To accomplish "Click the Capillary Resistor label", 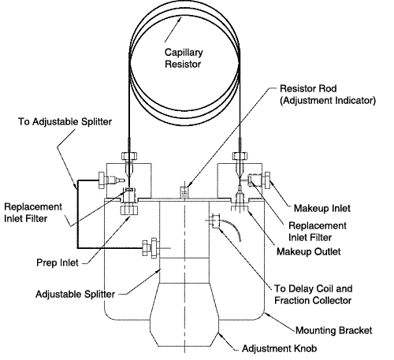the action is (x=184, y=58).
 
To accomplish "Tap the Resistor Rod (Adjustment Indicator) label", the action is (x=328, y=95).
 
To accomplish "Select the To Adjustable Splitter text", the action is (x=65, y=122).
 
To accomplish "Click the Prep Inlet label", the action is (x=58, y=262).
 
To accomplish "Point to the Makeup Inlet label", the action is (x=322, y=209).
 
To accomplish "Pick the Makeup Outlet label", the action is (x=309, y=251).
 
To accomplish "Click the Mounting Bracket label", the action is (x=334, y=330).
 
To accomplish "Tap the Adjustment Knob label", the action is (x=279, y=348).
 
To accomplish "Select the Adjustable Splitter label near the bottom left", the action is (x=75, y=294).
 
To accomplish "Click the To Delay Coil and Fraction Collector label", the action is (x=313, y=295).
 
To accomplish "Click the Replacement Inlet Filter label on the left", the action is (x=33, y=213).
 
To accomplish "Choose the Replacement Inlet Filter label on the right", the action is (x=318, y=232).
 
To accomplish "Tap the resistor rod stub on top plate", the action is (x=184, y=192).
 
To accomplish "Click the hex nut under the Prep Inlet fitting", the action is (x=129, y=210).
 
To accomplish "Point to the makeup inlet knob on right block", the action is (x=267, y=180).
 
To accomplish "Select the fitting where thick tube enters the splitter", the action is (x=151, y=247).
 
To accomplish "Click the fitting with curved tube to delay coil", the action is (x=216, y=221).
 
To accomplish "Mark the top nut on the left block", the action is (x=129, y=156).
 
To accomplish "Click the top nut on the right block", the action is (x=240, y=156).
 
